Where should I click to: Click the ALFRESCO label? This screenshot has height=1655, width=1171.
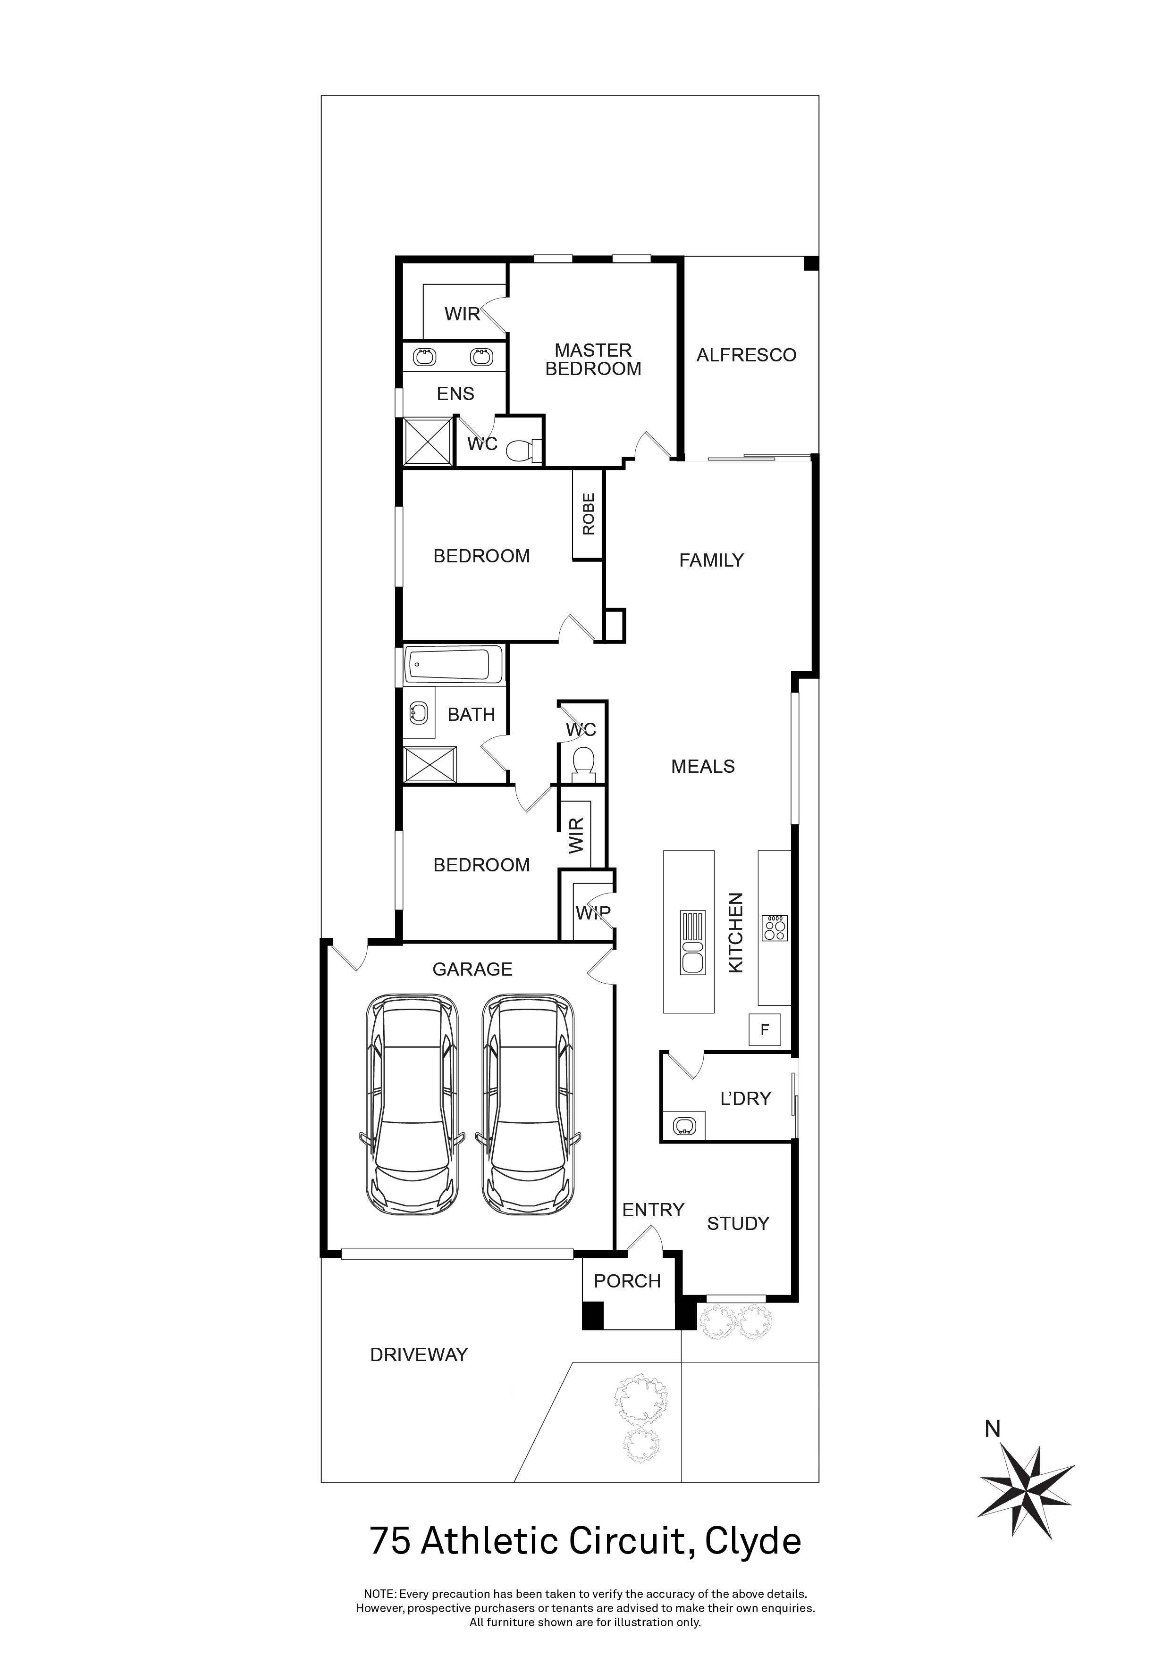tap(746, 355)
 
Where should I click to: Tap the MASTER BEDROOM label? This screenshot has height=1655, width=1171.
tap(593, 359)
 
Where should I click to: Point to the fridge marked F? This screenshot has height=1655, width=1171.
tap(765, 1030)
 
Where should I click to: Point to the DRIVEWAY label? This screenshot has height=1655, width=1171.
tap(419, 1354)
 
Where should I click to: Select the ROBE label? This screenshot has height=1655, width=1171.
tap(589, 514)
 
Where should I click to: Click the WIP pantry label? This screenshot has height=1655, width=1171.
tap(593, 912)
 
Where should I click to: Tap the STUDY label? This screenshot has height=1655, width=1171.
tap(738, 1223)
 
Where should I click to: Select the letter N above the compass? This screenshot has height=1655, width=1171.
tap(993, 1429)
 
